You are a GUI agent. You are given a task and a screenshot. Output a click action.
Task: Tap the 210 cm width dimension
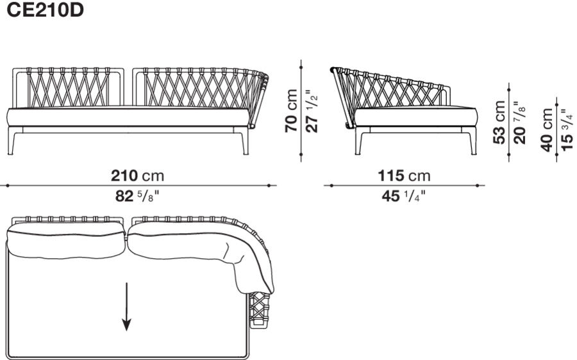(x=137, y=176)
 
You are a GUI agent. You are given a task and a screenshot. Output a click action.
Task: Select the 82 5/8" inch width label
(x=137, y=197)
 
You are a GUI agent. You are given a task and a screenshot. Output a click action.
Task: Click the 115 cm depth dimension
(x=403, y=176)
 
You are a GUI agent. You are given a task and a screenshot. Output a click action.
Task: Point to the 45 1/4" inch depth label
(x=403, y=197)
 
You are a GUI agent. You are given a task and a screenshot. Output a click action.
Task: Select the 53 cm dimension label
(x=501, y=122)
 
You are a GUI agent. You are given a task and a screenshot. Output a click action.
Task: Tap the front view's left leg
(x=15, y=142)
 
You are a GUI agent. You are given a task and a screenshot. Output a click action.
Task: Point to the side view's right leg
(x=473, y=142)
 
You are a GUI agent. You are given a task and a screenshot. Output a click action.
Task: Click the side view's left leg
(x=358, y=142)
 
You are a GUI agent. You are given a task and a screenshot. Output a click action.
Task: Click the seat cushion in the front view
(x=128, y=117)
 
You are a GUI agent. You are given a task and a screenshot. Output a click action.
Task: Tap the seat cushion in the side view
(x=415, y=117)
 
